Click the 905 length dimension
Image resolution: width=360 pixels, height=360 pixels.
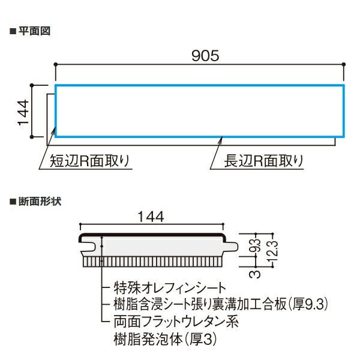pos(205,56)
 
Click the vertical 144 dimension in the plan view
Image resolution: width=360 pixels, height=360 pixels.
pos(23,113)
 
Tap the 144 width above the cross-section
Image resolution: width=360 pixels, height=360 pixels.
pos(151,217)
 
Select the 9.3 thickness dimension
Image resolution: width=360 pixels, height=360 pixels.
pos(257,245)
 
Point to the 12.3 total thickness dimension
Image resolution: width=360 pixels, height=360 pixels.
pos(275,251)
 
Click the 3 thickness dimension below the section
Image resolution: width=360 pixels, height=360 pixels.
pos(255,274)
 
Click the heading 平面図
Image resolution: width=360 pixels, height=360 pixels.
pos(34,31)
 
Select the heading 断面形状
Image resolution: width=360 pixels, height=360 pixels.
pos(40,202)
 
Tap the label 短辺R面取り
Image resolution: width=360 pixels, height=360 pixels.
pos(89,161)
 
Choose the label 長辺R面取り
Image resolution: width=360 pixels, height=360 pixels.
pos(263,161)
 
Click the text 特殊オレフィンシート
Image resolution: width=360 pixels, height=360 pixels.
pos(170,287)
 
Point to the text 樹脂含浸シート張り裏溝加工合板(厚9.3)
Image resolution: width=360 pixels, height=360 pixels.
pos(221,304)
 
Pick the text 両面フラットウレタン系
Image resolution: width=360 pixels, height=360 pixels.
pos(176,322)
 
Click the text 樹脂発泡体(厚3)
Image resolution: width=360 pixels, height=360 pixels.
pos(165,339)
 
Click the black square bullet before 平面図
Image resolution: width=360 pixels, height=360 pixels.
pos(13,31)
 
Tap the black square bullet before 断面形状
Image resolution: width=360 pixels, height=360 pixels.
pos(13,202)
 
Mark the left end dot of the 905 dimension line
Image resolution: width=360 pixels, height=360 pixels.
pos(55,65)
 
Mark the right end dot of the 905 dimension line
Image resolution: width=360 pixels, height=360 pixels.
pos(343,65)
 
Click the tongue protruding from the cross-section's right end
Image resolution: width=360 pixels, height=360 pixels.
pos(232,247)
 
